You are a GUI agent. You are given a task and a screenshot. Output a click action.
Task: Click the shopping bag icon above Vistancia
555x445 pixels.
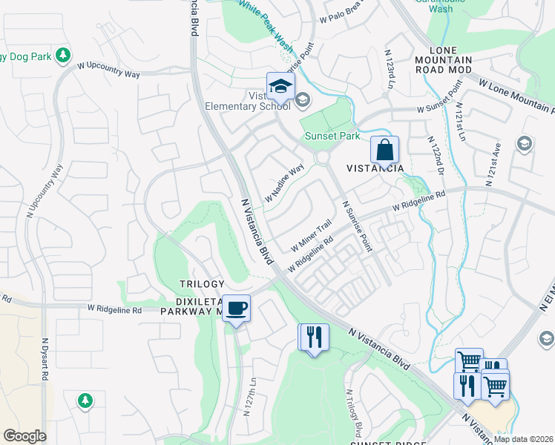click(384, 150)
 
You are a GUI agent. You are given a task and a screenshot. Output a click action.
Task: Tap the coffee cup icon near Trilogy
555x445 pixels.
click(236, 308)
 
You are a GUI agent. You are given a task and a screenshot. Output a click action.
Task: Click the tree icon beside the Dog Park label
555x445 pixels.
click(63, 55)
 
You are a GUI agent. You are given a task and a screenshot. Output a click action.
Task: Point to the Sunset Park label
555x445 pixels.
click(332, 136)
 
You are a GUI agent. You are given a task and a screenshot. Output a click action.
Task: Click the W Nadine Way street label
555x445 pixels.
click(285, 183)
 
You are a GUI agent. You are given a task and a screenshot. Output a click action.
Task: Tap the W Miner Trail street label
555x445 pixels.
click(311, 235)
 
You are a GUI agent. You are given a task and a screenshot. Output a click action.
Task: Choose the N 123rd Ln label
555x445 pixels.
click(389, 70)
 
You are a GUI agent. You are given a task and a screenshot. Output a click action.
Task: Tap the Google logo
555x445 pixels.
click(24, 436)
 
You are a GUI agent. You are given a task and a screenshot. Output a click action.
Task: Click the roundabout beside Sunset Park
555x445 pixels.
click(322, 157)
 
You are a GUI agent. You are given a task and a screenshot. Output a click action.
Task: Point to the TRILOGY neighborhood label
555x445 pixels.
click(201, 284)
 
